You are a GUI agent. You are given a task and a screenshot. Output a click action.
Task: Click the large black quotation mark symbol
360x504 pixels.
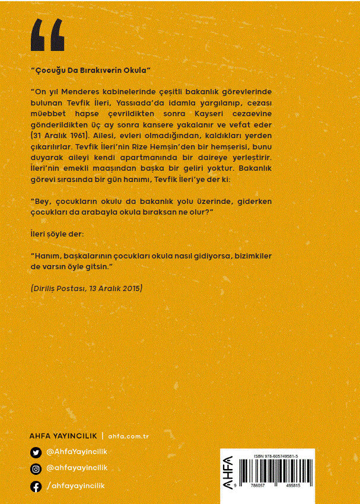(x=47, y=35)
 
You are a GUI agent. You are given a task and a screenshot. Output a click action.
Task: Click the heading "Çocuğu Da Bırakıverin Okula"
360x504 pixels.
(x=91, y=70)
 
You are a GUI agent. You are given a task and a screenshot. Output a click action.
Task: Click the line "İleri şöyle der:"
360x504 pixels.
(x=57, y=234)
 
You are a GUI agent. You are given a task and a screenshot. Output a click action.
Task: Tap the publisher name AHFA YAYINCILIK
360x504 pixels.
(x=63, y=436)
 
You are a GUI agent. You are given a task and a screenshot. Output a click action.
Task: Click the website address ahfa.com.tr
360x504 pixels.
(x=128, y=436)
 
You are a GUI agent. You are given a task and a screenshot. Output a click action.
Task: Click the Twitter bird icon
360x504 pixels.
(x=36, y=452)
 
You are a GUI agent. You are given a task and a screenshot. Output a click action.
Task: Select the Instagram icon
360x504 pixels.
(x=36, y=469)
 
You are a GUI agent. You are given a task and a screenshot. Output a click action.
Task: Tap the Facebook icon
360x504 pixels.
(x=36, y=486)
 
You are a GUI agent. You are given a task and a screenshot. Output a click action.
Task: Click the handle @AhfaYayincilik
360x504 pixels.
(x=77, y=452)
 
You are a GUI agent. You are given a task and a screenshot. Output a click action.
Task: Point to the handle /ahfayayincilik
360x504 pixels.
(x=75, y=486)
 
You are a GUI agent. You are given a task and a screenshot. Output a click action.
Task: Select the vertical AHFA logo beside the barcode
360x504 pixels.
(x=229, y=474)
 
